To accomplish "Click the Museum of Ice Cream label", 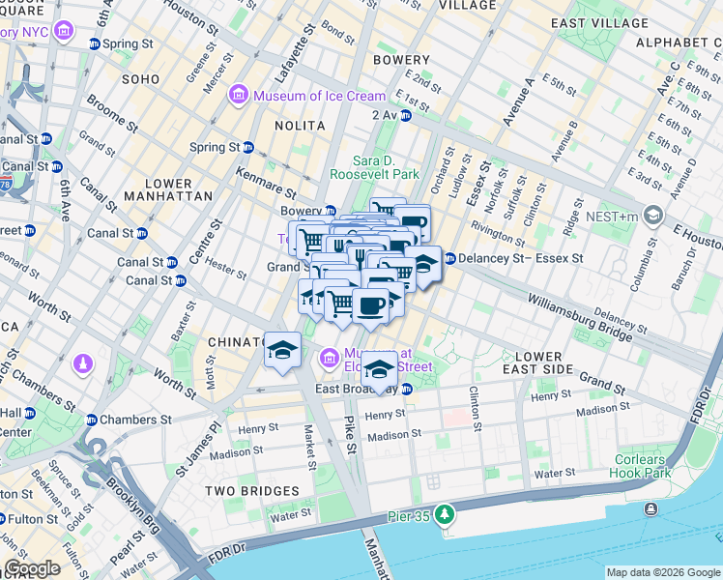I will point(319,96).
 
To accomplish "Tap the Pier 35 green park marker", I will point(444,512).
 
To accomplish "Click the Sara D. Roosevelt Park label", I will point(374,167).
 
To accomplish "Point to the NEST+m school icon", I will point(654,215).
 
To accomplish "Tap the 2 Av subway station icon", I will point(406,115).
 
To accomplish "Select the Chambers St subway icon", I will point(93,420).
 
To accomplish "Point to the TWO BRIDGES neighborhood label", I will point(242,491).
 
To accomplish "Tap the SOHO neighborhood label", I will point(139,78).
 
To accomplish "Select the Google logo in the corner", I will point(32,568).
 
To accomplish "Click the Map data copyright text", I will point(662,572).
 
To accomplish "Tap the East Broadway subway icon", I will point(407,389).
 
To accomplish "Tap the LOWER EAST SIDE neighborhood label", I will point(552,363).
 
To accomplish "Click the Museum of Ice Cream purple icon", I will point(237,96).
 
